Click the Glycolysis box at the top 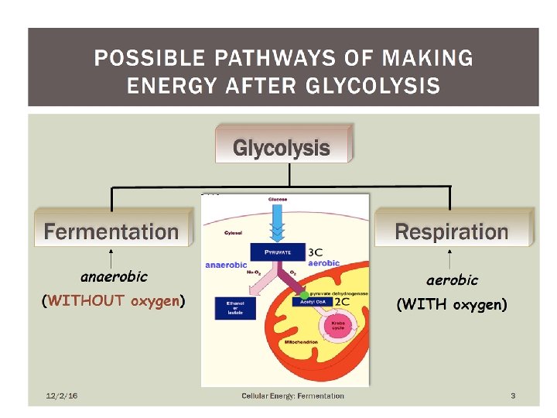(x=282, y=147)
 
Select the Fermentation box (x=111, y=231)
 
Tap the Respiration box (x=452, y=231)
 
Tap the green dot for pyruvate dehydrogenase (x=304, y=293)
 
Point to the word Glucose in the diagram (x=278, y=200)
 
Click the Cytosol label (x=233, y=232)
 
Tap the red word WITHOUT (x=86, y=301)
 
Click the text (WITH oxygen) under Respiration (x=452, y=305)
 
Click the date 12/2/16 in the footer (x=62, y=396)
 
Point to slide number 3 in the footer (x=512, y=396)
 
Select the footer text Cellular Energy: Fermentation (x=292, y=396)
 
